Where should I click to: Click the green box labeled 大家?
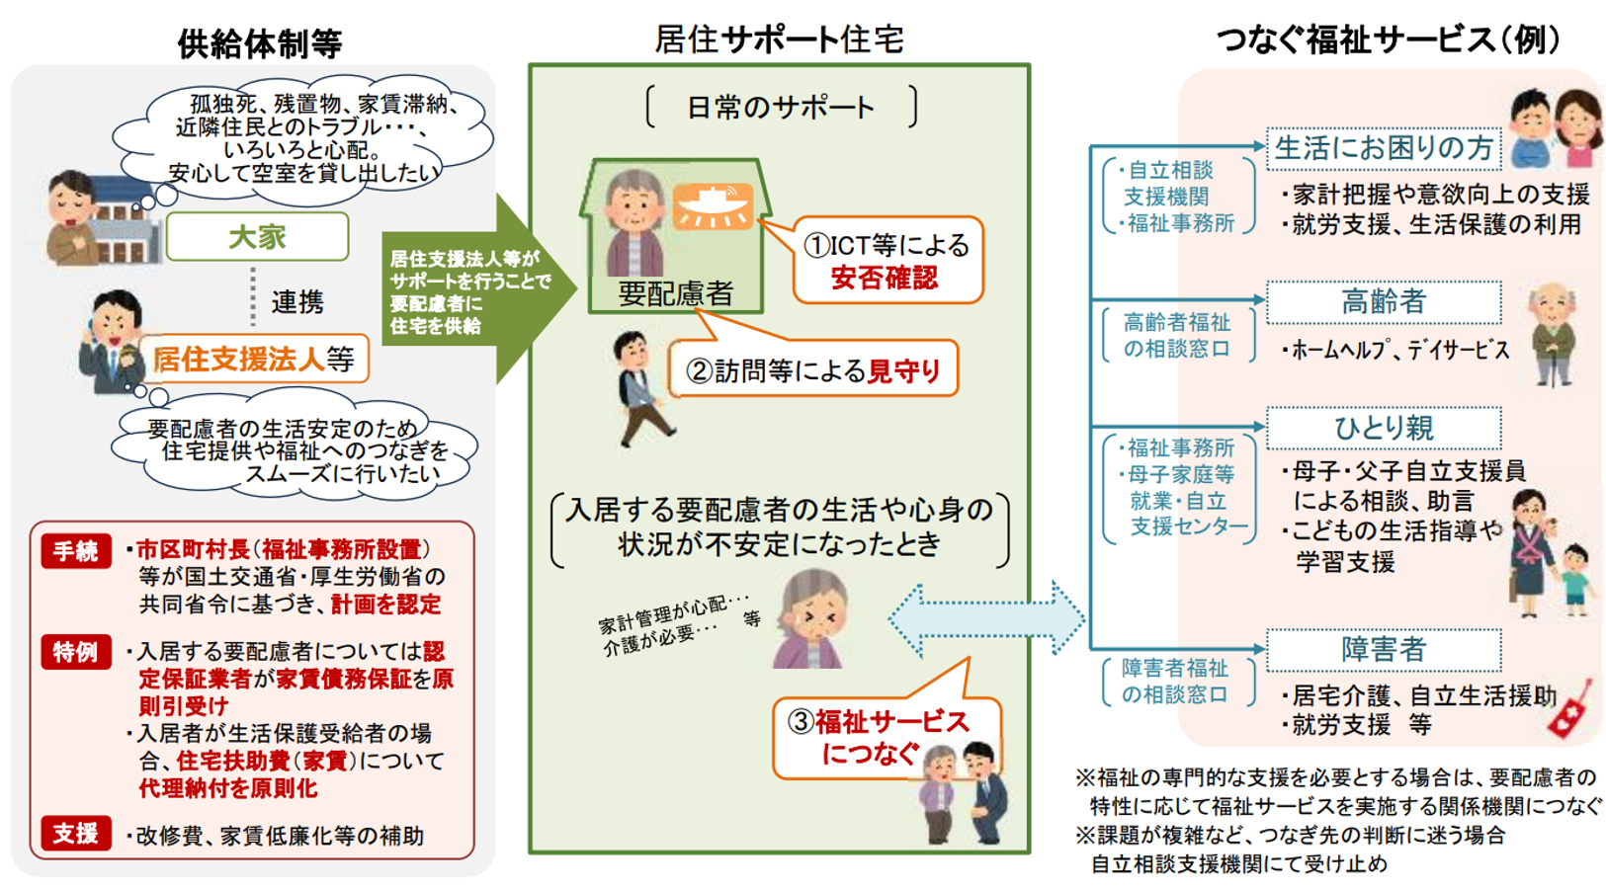257,237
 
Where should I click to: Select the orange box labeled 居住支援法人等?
254,359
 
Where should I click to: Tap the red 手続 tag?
75,551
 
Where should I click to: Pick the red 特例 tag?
75,653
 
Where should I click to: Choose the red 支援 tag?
75,834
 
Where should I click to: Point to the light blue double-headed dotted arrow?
985,619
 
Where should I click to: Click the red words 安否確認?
884,279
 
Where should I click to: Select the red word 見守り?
903,371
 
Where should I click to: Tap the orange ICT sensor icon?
712,206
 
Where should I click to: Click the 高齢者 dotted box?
1383,302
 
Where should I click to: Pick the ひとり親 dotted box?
1383,428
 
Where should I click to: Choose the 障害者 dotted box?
1383,650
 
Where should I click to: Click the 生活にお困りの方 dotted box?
1383,148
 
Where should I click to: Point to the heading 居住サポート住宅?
779,40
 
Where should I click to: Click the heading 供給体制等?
259,43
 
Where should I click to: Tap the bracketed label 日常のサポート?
780,107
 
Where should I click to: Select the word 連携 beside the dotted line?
297,302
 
